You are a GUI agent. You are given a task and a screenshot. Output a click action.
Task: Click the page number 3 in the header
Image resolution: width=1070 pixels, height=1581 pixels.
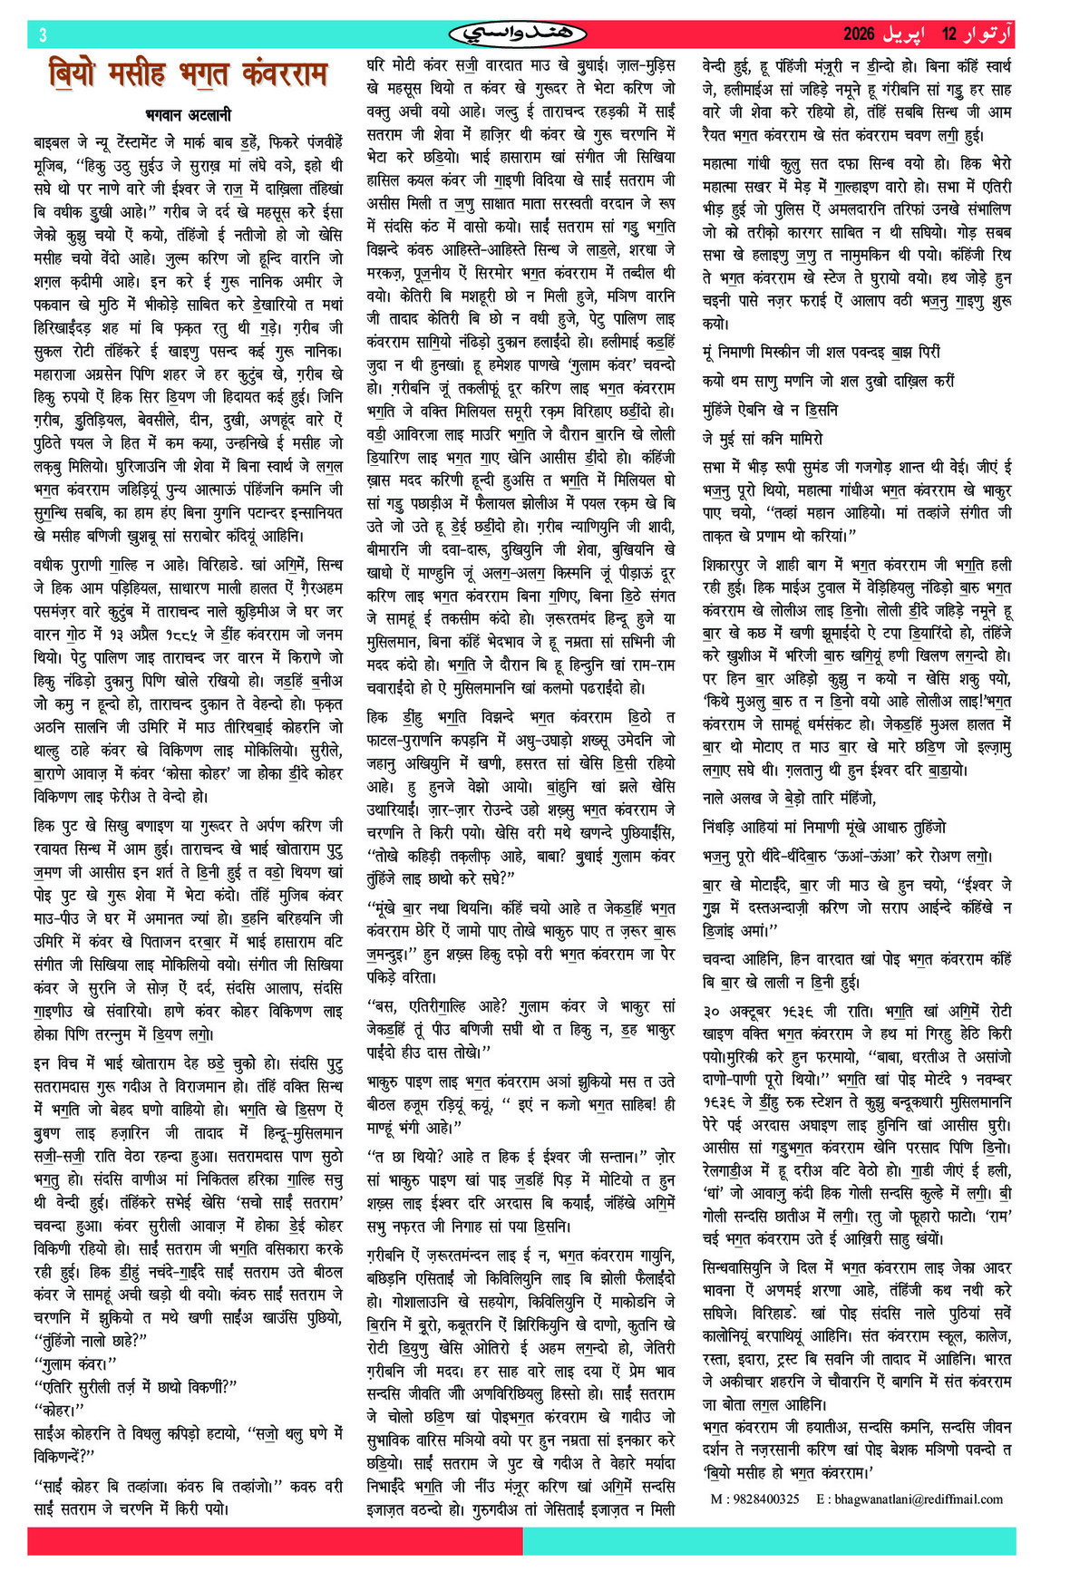pos(43,34)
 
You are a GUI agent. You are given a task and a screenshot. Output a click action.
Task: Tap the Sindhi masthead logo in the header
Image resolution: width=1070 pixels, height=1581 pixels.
pos(518,34)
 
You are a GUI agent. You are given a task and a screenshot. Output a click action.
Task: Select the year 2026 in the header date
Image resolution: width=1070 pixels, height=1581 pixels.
pos(859,34)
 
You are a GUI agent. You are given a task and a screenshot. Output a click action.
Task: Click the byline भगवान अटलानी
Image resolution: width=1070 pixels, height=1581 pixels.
pos(189,115)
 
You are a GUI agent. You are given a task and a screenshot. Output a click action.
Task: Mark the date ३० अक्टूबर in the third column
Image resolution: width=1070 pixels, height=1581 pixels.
pos(744,1011)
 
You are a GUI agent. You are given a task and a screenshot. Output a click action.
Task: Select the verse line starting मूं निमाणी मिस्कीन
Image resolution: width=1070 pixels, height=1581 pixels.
pos(822,352)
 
